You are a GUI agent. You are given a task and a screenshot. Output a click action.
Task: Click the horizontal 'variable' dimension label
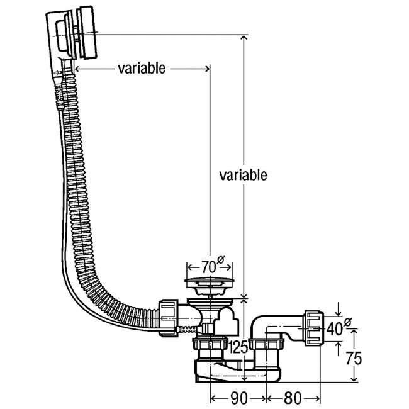142,68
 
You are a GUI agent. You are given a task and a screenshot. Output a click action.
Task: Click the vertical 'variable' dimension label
243,174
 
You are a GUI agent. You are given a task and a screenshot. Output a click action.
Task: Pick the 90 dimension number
239,398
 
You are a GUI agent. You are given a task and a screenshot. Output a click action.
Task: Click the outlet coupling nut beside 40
313,326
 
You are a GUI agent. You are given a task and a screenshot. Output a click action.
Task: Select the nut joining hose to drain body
167,315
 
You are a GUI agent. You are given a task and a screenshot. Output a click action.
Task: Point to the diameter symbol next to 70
221,257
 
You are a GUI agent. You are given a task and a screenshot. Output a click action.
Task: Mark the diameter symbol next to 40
349,322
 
